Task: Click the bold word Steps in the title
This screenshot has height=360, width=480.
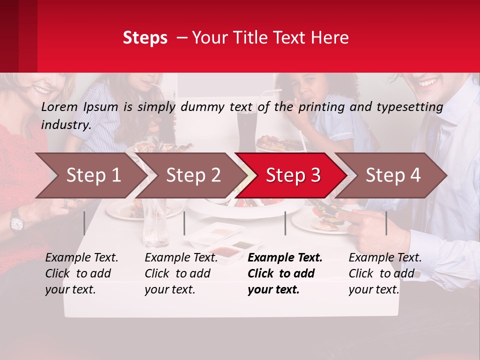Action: pos(145,38)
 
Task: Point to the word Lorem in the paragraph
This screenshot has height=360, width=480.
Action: pos(59,107)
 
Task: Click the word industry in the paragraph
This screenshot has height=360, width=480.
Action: pos(65,125)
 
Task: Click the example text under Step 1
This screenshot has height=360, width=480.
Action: pos(81,273)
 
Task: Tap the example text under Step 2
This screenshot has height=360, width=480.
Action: pos(181,273)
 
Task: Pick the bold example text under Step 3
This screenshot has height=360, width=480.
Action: pos(285,273)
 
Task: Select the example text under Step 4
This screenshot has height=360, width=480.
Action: pos(385,273)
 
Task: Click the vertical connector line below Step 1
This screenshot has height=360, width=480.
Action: pos(84,223)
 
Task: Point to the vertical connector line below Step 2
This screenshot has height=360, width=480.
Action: pos(184,223)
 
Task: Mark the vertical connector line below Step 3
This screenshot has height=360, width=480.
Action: pos(285,223)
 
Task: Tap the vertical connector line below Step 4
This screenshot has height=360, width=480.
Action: pos(386,223)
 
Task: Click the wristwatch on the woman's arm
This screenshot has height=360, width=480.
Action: pos(16,220)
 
